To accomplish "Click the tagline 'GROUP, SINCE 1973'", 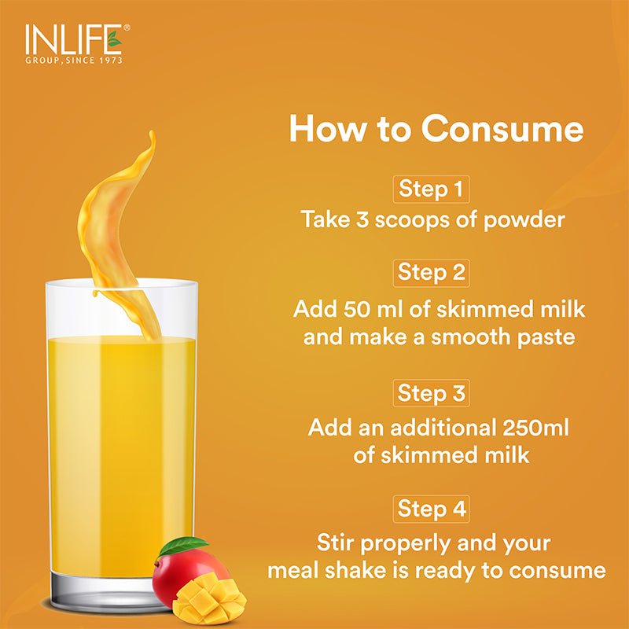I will (x=74, y=60).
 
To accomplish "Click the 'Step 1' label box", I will (x=432, y=189).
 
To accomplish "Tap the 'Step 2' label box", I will (x=432, y=272).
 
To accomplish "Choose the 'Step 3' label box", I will (x=432, y=392).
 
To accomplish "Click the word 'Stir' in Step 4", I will (x=340, y=543).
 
